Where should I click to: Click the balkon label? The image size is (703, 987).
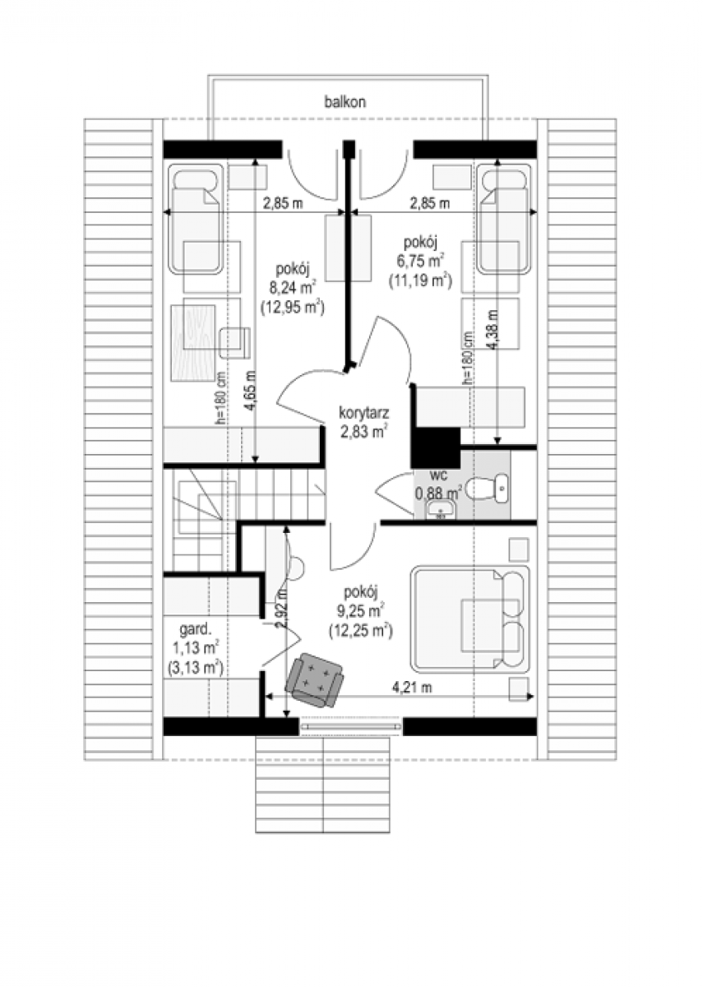coord(345,102)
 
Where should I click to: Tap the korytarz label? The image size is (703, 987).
coord(363,413)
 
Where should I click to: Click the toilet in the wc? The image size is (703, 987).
coord(486,489)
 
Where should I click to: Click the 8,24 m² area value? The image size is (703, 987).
coord(293,288)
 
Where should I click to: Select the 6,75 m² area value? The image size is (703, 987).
coord(421,261)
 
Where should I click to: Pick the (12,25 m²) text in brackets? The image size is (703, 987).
coord(361,631)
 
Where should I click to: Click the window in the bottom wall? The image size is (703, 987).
coord(351,726)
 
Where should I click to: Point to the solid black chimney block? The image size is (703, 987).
coord(435,449)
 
